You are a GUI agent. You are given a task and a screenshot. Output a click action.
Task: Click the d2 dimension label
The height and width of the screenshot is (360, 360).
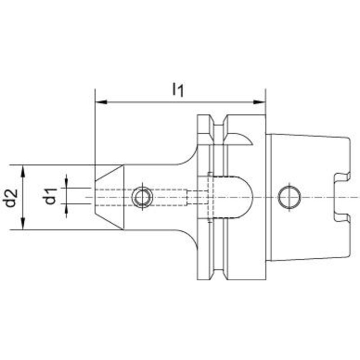[x=11, y=198]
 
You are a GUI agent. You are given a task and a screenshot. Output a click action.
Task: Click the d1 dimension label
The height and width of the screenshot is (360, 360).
[x=50, y=196]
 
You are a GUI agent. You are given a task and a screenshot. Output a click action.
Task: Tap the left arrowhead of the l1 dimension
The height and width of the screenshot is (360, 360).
[x=101, y=102]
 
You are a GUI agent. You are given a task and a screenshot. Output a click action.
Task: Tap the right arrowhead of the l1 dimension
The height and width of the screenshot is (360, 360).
[x=259, y=102]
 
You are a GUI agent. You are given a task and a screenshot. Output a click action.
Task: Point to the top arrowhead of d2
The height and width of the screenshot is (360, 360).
[x=23, y=171]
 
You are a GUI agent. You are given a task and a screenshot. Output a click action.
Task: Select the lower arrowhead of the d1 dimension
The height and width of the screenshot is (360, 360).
[x=66, y=209]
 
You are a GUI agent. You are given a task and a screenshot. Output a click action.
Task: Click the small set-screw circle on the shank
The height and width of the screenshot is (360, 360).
[x=142, y=197]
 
